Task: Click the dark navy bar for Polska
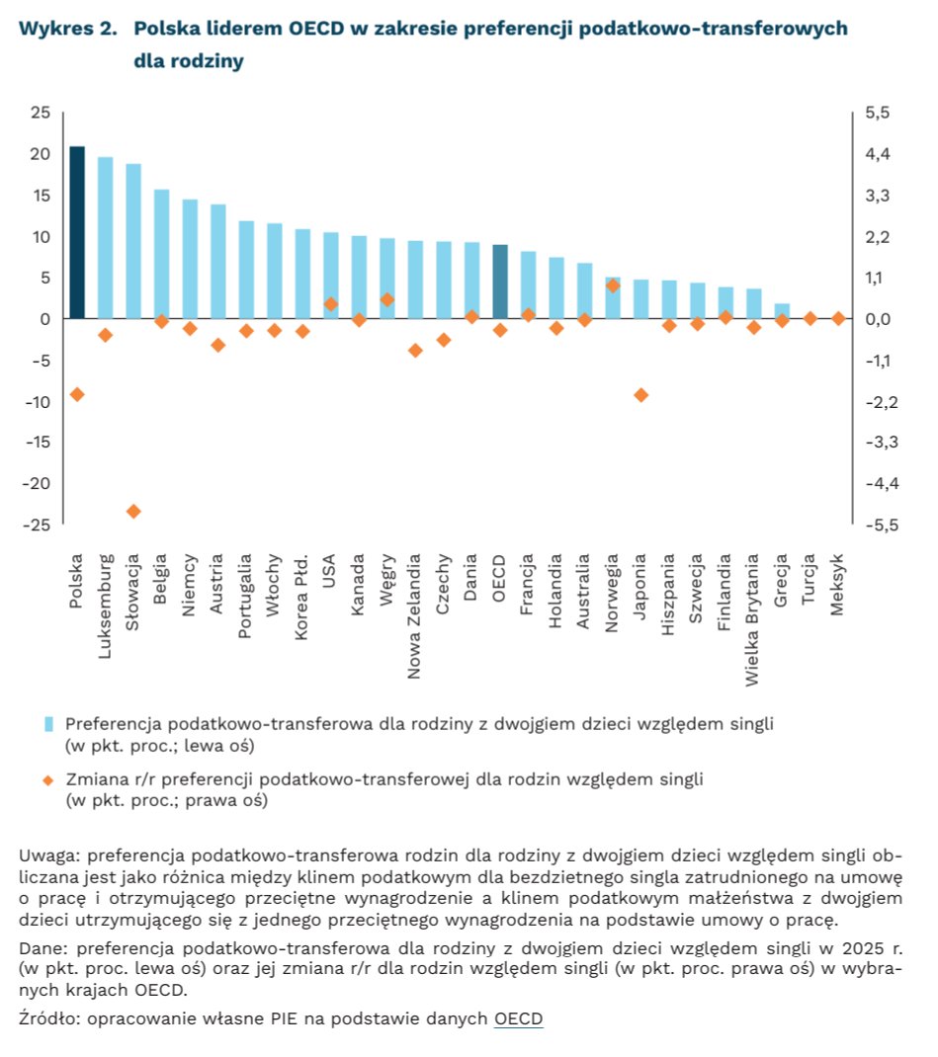coord(77,232)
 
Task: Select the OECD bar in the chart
coord(500,282)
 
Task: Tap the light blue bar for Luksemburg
coord(105,237)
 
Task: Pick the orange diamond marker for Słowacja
coord(133,511)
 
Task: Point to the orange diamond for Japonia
coord(641,395)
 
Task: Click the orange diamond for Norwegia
coord(613,285)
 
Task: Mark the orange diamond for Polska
coord(77,394)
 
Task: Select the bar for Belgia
coord(162,254)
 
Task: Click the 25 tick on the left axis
coord(41,113)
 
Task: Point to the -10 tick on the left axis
coord(38,402)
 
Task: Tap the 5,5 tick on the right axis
coord(878,113)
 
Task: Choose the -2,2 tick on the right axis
coord(882,402)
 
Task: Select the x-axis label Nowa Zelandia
coord(414,616)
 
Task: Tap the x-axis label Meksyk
coord(837,585)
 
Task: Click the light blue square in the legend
coord(48,725)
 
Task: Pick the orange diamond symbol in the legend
coord(47,780)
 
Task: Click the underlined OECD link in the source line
coord(518,1017)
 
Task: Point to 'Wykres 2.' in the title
coord(67,29)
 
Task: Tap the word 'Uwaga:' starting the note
coord(49,856)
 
